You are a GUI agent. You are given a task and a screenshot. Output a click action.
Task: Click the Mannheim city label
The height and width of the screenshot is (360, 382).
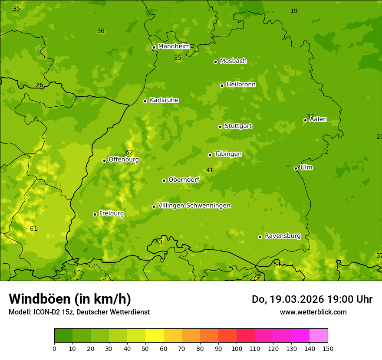pos(174,46)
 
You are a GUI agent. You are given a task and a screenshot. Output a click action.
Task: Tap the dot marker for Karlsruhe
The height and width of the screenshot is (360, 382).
pos(145,101)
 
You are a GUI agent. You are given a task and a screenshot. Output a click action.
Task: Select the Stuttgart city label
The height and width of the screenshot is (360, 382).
pos(238,126)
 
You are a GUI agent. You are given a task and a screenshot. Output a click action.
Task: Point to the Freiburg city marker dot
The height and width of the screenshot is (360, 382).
pos(95,214)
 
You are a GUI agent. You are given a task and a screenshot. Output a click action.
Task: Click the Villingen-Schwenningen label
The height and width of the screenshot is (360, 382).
pos(194,206)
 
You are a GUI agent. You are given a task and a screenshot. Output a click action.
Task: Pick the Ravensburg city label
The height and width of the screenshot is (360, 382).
pos(283,236)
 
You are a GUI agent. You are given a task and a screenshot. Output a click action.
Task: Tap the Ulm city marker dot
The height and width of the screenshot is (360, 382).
pos(296,168)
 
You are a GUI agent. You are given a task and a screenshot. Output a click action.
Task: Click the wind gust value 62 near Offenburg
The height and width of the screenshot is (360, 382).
pos(129,152)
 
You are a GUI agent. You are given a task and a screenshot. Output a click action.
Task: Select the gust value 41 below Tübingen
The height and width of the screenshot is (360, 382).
pos(210,170)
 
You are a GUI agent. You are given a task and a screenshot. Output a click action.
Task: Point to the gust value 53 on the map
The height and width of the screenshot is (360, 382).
pos(159,242)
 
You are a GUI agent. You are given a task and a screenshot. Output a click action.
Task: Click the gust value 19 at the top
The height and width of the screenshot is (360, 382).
pos(294,11)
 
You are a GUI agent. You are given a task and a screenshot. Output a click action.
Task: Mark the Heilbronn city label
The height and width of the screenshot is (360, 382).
pos(241,85)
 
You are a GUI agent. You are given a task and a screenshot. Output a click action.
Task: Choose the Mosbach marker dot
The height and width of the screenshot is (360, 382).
pos(215,62)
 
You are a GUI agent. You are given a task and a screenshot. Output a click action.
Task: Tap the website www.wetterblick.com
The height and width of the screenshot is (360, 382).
pos(313,312)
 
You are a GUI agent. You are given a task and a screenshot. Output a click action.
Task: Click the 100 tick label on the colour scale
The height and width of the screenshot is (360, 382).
pos(237,348)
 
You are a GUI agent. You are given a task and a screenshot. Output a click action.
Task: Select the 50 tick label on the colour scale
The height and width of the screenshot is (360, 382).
pos(145,348)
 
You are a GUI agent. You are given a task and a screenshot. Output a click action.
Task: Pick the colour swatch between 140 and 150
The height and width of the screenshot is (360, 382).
pos(319,336)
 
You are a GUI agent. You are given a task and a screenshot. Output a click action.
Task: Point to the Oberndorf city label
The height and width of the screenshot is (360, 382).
pos(184,180)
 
